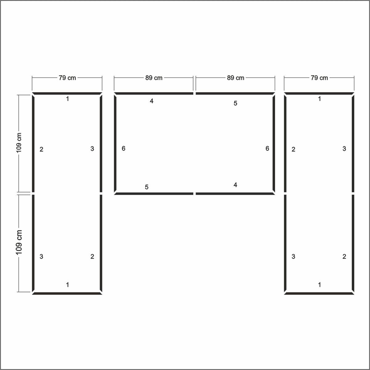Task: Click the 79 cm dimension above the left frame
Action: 67,78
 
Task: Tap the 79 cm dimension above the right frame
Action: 319,78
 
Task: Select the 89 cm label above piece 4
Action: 154,78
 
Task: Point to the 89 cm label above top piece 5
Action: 236,78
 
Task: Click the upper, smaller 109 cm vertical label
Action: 19,143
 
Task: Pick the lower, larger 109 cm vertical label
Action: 19,242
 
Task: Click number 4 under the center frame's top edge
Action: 151,101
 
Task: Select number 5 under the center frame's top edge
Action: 235,103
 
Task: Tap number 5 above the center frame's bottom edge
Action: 147,187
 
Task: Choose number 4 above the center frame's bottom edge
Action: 235,185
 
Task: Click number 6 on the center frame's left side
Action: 123,148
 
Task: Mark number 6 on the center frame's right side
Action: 267,148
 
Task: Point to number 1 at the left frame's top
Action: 68,99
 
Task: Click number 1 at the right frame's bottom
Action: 319,285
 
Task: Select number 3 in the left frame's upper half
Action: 92,149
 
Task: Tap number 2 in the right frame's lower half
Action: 344,257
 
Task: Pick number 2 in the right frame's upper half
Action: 294,149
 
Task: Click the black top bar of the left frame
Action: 67,93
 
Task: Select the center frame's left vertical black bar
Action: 115,144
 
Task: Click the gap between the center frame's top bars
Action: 195,93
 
